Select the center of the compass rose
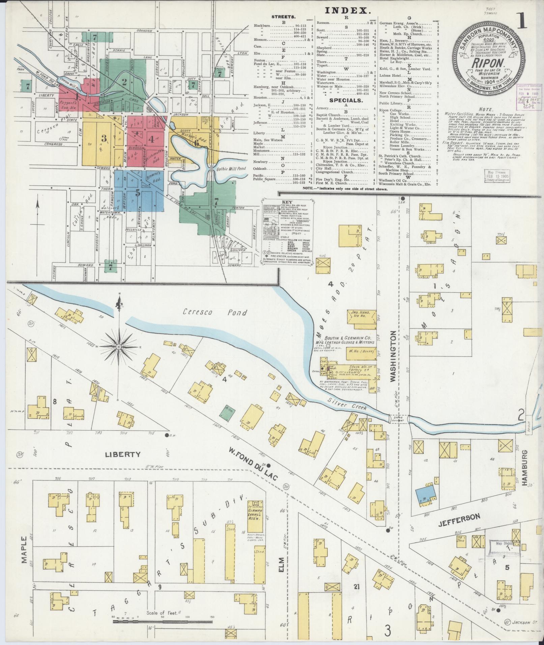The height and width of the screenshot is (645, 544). pos(119,346)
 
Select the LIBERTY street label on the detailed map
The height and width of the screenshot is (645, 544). pos(118,454)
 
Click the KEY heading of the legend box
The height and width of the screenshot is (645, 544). pos(287,204)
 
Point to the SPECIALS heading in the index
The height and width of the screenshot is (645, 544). pos(347,100)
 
